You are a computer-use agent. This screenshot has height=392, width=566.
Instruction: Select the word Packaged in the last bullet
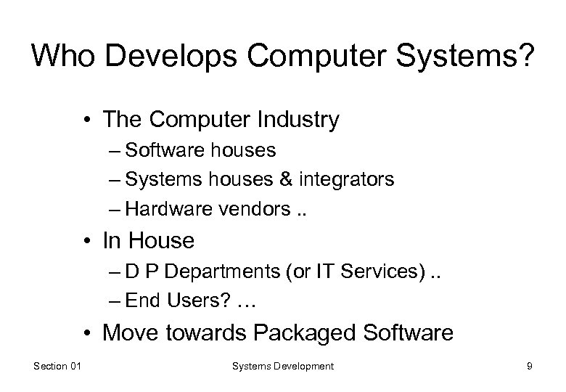click(x=298, y=333)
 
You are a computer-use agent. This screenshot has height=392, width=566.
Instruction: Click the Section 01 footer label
click(x=59, y=367)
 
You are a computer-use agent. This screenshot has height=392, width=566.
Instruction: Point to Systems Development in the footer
click(x=282, y=367)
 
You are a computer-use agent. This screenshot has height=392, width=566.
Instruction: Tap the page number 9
click(x=529, y=367)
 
